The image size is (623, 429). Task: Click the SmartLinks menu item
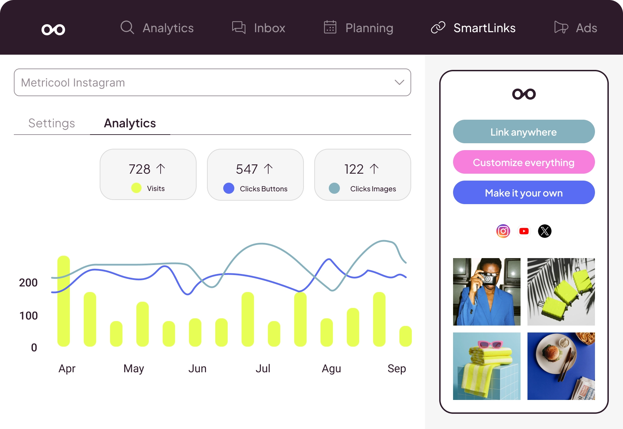pos(484,28)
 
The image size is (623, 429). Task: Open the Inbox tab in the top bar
pos(269,28)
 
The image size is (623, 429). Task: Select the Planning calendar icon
pos(330,27)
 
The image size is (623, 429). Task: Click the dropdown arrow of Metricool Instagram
pos(399,82)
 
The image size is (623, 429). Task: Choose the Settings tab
pos(52,123)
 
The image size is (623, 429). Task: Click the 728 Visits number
pos(139,169)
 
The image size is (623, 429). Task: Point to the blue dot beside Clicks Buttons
pos(229,188)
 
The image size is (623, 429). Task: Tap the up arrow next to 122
pos(374,169)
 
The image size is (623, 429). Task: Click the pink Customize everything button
pos(523,162)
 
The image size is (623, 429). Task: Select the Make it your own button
pos(523,193)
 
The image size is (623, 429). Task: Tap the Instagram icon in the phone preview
pos(503,231)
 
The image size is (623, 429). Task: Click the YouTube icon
pos(524,231)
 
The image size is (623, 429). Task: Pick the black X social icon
pos(544,231)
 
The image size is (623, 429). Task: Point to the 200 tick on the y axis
pos(28,283)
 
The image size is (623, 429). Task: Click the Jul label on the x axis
pos(263,368)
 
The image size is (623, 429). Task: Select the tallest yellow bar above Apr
pos(64,301)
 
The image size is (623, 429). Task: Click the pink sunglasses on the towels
pos(490,344)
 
